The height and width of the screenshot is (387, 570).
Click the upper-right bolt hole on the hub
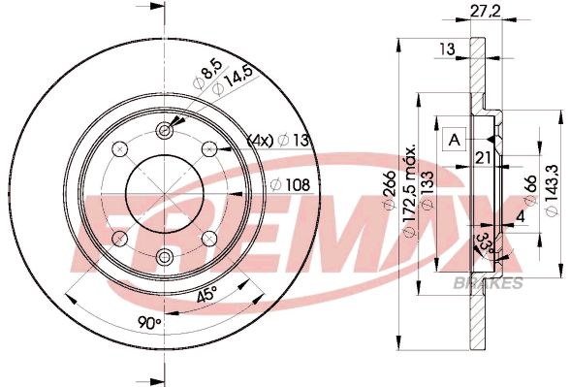(208, 148)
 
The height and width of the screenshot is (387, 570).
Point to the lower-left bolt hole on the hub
(120, 238)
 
